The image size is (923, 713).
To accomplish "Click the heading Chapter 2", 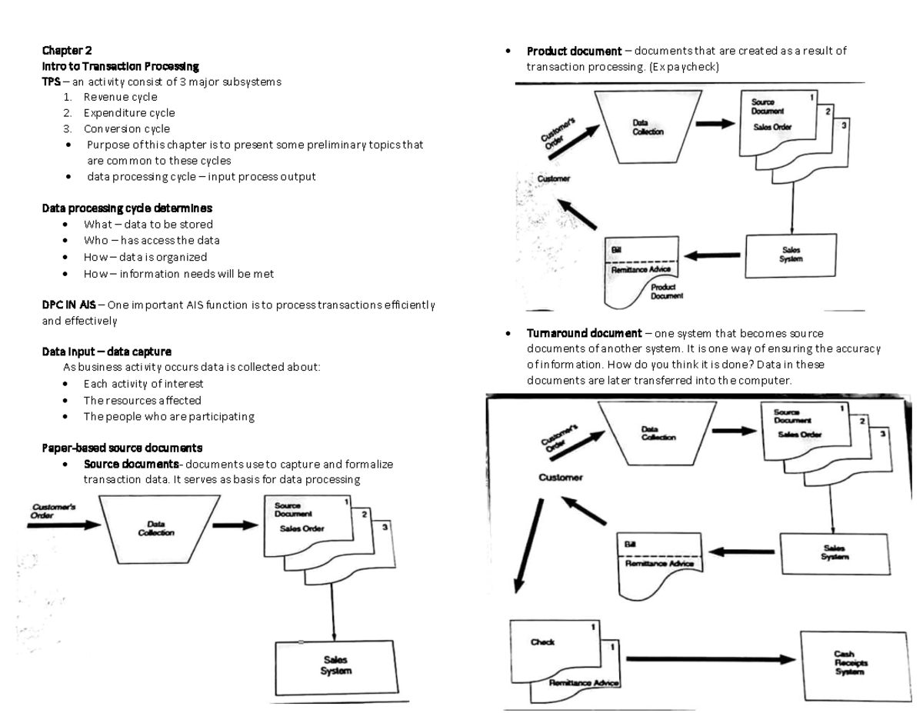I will (67, 51).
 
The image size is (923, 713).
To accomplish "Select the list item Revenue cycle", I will (120, 97).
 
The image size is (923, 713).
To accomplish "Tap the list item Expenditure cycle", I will (129, 113).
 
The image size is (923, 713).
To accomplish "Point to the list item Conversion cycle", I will (127, 129).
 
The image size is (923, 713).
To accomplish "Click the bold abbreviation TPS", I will (52, 82).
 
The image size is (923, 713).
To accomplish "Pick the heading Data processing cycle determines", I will (127, 208).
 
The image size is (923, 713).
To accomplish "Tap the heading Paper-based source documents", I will (122, 448).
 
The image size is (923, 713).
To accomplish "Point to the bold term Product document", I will (574, 52).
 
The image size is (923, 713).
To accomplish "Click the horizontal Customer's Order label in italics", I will (52, 511).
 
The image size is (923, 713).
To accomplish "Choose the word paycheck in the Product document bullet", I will (695, 67).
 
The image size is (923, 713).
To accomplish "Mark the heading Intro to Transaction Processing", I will (120, 66).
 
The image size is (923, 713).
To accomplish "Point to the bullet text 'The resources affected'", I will (142, 400).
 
